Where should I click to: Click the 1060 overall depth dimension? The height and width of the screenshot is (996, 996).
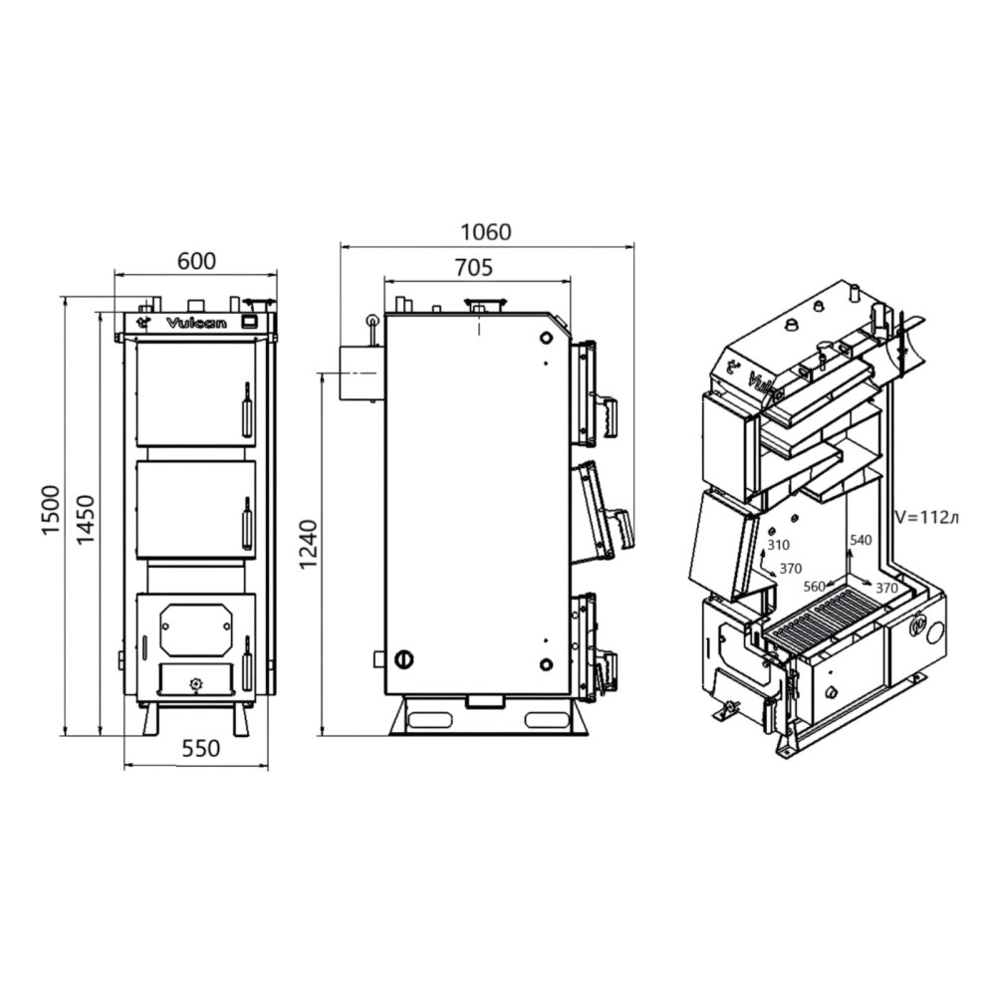pos(485,232)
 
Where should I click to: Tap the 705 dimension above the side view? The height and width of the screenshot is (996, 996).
pos(474,267)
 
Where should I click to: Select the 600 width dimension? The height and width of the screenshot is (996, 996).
pos(196,261)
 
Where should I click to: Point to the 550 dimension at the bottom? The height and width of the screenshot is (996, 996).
pos(201,748)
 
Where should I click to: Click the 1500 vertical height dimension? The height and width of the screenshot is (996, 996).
pos(50,511)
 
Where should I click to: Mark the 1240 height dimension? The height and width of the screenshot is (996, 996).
pos(308,545)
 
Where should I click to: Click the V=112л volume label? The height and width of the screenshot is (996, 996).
pos(926,517)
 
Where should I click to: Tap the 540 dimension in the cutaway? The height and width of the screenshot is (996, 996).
pos(861,540)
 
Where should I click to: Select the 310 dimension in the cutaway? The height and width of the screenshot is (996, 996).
pos(778,545)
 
